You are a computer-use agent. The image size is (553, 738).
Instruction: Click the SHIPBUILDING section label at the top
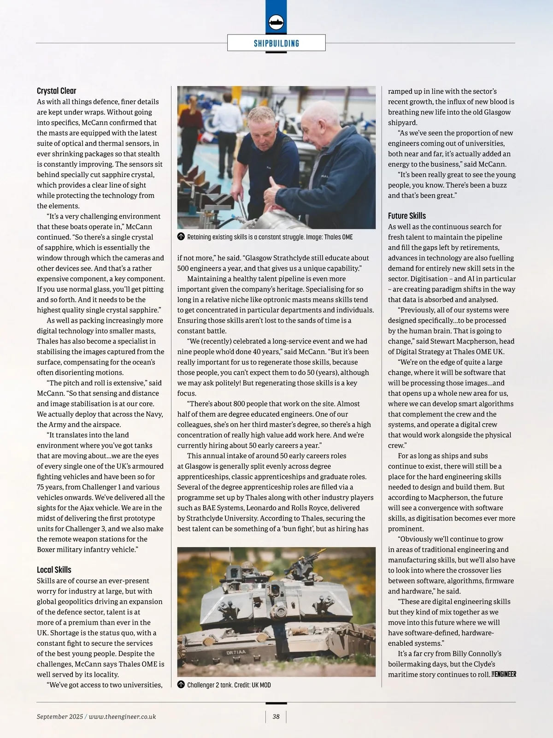276,43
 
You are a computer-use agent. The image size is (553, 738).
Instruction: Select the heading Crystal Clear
57,91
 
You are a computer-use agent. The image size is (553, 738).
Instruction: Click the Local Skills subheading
54,570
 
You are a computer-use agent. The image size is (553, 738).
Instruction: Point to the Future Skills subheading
407,216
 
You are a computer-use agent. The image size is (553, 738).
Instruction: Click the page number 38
276,716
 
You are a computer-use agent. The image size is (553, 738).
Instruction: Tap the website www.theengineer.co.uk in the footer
122,716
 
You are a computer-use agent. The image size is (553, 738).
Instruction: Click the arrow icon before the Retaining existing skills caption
181,237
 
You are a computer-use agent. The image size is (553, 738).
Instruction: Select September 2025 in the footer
60,716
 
